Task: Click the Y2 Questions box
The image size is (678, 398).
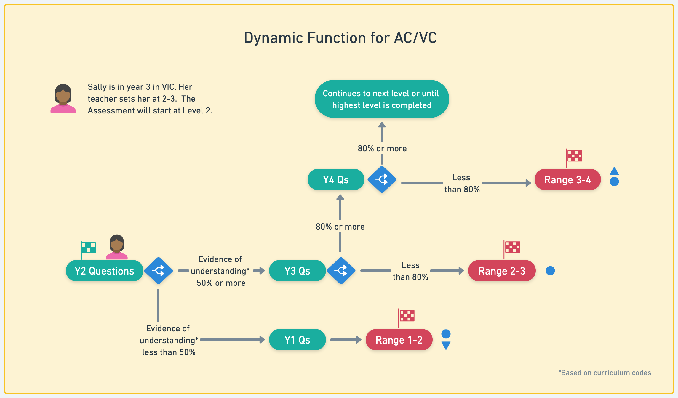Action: pyautogui.click(x=104, y=271)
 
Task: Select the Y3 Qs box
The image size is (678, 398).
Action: pyautogui.click(x=297, y=271)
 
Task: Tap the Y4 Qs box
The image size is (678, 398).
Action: pyautogui.click(x=336, y=179)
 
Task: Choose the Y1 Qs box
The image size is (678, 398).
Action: pyautogui.click(x=297, y=340)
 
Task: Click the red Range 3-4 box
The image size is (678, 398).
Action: pyautogui.click(x=567, y=179)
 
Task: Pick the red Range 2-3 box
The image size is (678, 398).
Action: pyautogui.click(x=502, y=271)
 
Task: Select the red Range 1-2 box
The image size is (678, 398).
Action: pyautogui.click(x=399, y=340)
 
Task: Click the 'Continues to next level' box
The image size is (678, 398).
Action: pyautogui.click(x=382, y=99)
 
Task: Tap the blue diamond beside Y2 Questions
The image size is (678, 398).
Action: pyautogui.click(x=159, y=271)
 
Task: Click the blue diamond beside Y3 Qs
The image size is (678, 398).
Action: pyautogui.click(x=341, y=271)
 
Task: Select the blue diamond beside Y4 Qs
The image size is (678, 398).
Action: pyautogui.click(x=382, y=179)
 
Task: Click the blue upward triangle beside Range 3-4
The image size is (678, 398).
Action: pyautogui.click(x=614, y=171)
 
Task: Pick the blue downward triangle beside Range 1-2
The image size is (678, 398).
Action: pyautogui.click(x=446, y=346)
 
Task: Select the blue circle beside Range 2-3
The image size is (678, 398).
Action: pyautogui.click(x=550, y=271)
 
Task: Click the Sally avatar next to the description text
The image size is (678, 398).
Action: pyautogui.click(x=63, y=98)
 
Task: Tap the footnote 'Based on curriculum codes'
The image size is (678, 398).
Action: pyautogui.click(x=605, y=373)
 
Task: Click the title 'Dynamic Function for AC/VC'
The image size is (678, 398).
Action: pyautogui.click(x=340, y=38)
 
